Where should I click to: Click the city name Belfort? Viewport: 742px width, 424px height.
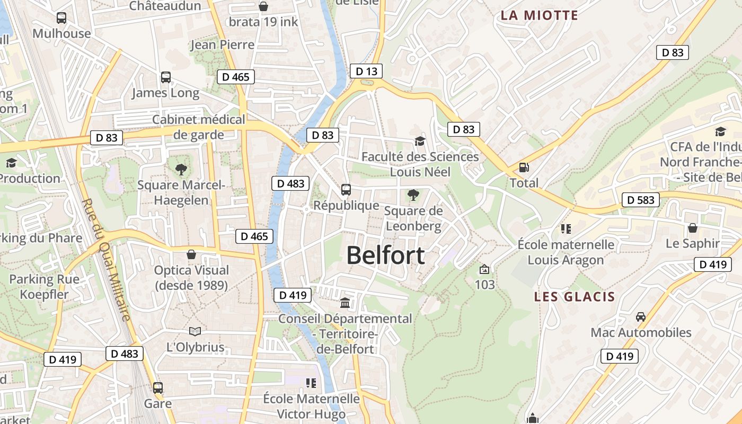coord(385,255)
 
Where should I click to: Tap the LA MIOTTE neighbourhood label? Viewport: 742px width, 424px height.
coord(539,15)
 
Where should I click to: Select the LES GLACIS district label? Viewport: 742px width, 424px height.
coord(574,296)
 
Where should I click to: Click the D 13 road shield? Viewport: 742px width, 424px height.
coord(366,71)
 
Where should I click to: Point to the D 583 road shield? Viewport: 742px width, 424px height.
coord(640,200)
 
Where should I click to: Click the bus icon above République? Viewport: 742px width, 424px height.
coord(346,189)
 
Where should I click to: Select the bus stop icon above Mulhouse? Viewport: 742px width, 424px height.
coord(61,18)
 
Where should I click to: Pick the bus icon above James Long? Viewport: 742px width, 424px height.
coord(166,77)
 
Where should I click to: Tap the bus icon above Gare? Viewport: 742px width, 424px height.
coord(157,387)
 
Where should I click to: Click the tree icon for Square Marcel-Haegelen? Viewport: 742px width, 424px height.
coord(181,170)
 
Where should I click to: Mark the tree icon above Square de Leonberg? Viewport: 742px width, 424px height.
coord(413,195)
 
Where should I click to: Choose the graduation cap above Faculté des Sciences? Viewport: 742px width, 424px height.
coord(420,141)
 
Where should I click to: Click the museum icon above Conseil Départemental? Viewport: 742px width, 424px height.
coord(345,303)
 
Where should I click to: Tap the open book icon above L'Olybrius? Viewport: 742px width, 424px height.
coord(195,332)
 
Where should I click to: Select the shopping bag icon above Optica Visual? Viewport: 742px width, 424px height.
coord(191,254)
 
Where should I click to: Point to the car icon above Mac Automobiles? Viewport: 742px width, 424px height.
coord(640,317)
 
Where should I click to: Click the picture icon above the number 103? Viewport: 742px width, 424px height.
coord(484,269)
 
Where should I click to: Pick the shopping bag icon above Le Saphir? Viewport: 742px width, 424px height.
coord(692,228)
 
